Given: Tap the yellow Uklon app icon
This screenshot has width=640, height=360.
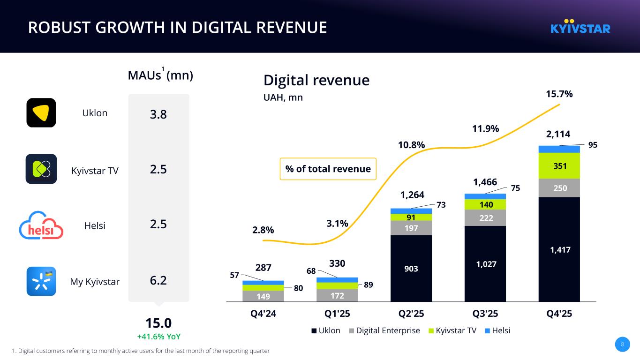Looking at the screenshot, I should tap(41, 113).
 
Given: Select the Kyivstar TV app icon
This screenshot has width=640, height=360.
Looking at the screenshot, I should tap(41, 169).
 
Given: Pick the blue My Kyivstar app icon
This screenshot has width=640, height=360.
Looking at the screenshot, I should tap(41, 281).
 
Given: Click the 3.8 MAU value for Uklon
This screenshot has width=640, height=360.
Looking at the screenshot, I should tap(158, 114).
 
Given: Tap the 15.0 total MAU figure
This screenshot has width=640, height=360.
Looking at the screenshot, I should tap(158, 323).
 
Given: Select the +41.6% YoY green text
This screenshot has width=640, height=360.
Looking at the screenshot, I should tap(158, 337).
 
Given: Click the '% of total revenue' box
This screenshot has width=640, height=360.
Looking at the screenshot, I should tap(328, 169).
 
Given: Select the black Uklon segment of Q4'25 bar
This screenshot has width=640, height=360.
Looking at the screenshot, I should tap(559, 249).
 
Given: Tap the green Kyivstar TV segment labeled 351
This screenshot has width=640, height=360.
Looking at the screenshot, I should tap(559, 165).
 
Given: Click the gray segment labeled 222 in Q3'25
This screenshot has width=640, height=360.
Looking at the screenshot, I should tap(485, 217).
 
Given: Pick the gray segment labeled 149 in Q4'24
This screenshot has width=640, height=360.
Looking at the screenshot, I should tap(263, 296).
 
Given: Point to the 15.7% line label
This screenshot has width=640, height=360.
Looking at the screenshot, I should tap(559, 94).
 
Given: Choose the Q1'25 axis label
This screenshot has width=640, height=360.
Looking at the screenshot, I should tap(337, 314).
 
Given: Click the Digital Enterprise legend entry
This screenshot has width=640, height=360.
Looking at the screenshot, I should tap(384, 330).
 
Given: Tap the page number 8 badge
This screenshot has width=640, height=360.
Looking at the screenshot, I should tap(622, 345).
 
